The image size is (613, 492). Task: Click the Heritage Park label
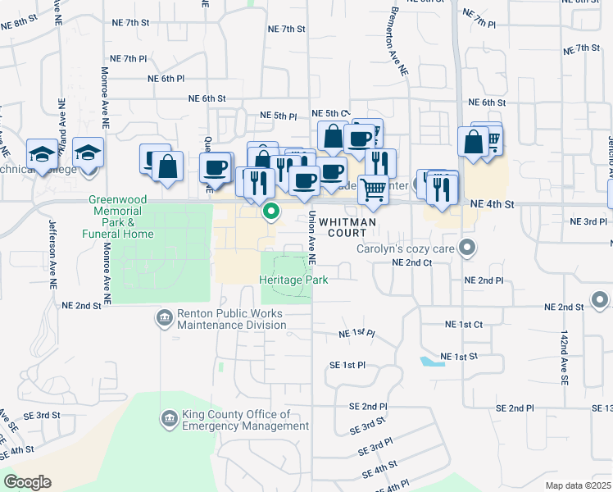coord(293,280)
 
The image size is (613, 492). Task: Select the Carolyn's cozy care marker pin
coord(467,247)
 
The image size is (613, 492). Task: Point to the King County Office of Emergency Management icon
coord(170,419)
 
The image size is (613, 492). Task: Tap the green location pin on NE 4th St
coord(271,213)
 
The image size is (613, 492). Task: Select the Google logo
coord(27,482)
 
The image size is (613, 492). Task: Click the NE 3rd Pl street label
coord(588,221)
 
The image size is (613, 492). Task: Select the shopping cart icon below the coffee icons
coord(373,189)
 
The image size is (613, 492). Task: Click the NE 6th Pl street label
coord(166,79)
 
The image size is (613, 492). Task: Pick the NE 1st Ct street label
coord(462,325)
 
